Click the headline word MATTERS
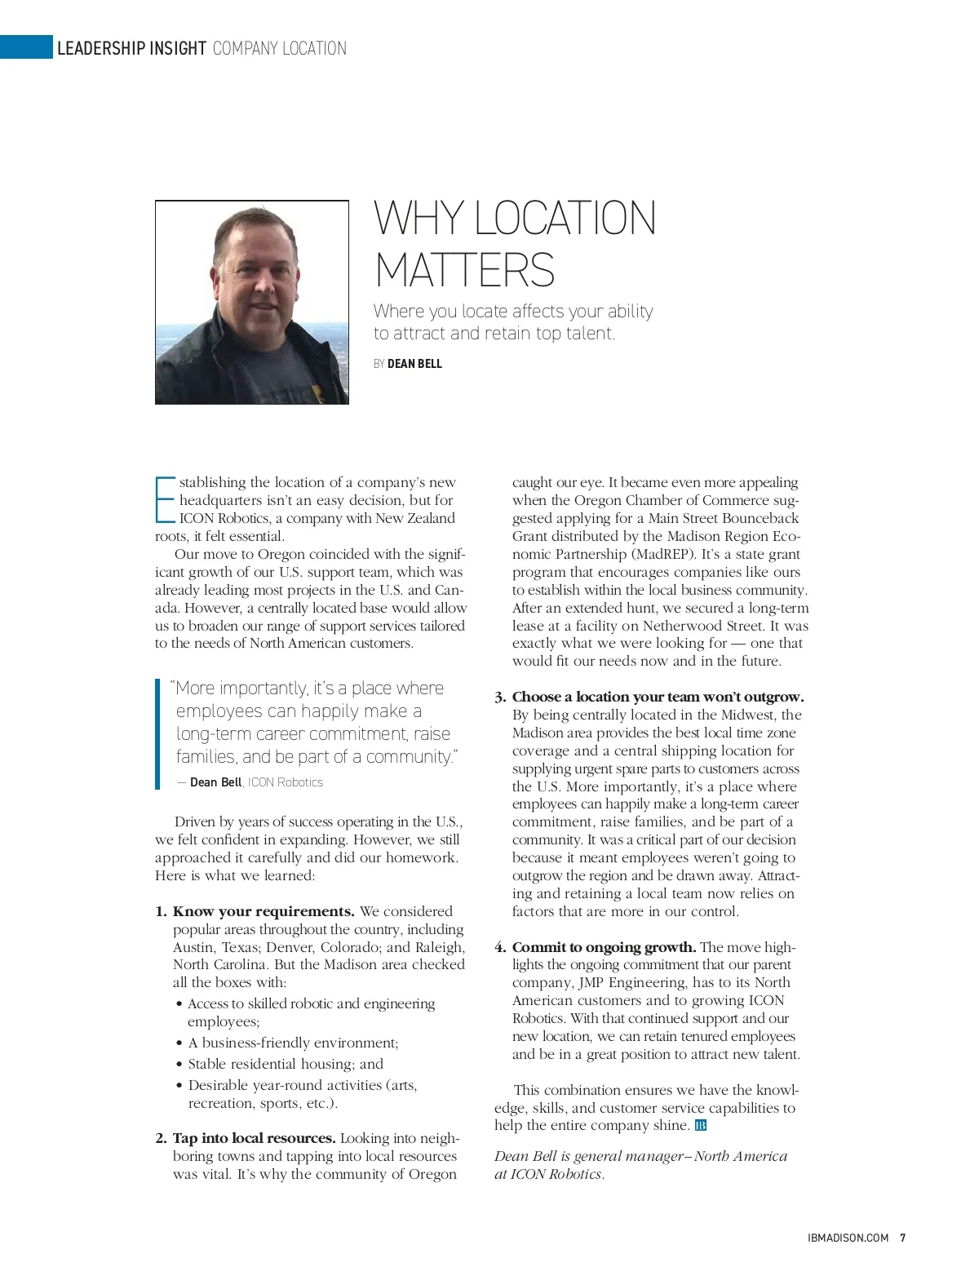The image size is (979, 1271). tap(464, 270)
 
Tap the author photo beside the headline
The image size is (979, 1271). tap(252, 302)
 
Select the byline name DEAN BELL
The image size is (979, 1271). tap(414, 364)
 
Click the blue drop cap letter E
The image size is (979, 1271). tap(165, 499)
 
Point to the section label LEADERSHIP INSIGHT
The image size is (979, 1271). tap(131, 48)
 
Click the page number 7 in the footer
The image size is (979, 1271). tap(902, 1238)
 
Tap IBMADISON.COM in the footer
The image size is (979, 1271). tap(848, 1238)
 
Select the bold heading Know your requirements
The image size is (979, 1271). tap(264, 911)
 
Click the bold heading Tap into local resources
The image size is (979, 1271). tap(254, 1138)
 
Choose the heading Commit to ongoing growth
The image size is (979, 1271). tap(604, 947)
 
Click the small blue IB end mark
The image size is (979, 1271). tap(701, 1126)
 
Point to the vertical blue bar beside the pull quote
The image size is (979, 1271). tap(157, 734)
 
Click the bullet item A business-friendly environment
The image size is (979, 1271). tap(293, 1043)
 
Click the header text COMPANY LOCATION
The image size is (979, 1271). tap(279, 48)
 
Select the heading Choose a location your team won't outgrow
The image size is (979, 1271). tap(658, 697)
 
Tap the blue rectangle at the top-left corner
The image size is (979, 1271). tap(26, 47)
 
